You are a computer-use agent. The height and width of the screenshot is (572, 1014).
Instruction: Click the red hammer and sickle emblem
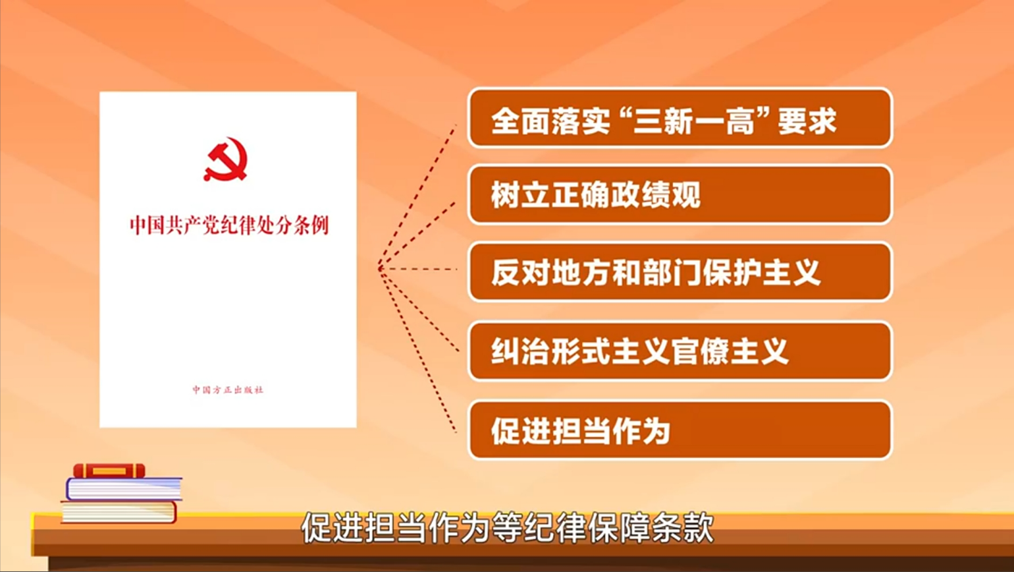(x=225, y=159)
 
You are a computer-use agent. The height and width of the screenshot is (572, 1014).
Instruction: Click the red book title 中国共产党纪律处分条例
(x=229, y=225)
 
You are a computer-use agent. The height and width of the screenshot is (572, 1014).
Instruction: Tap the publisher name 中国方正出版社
(x=228, y=390)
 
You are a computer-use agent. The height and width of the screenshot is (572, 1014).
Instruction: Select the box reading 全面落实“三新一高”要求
(x=680, y=118)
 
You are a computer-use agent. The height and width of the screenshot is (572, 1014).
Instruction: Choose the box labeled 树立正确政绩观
(x=680, y=195)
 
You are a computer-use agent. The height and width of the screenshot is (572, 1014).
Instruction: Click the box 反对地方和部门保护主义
(x=680, y=272)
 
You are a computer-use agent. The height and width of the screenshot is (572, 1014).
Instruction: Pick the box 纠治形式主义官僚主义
(x=680, y=351)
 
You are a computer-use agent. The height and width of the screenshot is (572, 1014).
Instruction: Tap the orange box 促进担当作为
(x=680, y=430)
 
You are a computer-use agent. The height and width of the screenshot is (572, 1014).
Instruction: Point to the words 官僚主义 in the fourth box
(x=730, y=351)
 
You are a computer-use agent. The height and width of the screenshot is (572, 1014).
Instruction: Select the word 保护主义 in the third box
(x=761, y=272)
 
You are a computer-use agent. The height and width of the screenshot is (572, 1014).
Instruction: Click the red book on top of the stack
(x=109, y=471)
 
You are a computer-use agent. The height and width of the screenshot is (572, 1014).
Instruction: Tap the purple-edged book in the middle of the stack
(x=124, y=489)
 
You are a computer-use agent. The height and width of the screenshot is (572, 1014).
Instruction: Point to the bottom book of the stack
(x=119, y=512)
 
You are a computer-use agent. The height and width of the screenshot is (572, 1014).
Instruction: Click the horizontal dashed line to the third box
(x=418, y=269)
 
